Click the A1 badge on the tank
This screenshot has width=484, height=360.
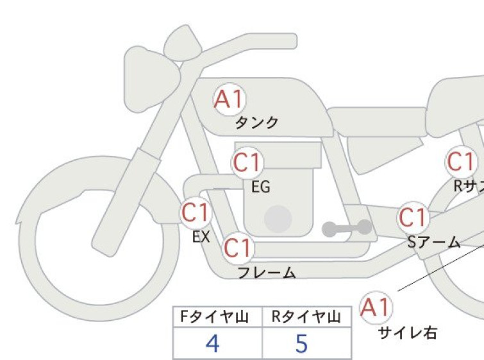[x=229, y=99]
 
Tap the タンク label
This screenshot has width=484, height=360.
[x=257, y=123]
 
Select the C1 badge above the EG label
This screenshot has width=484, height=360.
[x=247, y=162]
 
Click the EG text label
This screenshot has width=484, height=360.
[x=261, y=187]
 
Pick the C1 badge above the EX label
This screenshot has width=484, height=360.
[x=196, y=213]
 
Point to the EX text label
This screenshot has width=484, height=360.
[x=201, y=237]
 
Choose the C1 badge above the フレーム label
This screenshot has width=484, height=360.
[x=238, y=248]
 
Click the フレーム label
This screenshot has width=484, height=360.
[x=267, y=273]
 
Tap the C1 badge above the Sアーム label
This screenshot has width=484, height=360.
[x=413, y=218]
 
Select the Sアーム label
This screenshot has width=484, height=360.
[x=434, y=242]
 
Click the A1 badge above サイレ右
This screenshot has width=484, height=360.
[x=376, y=307]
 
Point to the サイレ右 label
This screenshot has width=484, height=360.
[x=408, y=333]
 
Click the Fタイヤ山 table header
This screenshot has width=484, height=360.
[x=214, y=317]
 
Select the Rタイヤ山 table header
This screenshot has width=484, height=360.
[x=306, y=317]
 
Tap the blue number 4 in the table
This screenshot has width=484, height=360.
[x=213, y=343]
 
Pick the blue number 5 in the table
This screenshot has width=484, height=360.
[x=302, y=343]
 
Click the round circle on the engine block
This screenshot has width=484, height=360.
[x=278, y=219]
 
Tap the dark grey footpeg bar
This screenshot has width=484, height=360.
[x=347, y=228]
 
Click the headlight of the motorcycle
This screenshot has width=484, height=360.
[x=151, y=79]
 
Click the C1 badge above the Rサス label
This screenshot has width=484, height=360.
[x=461, y=162]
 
